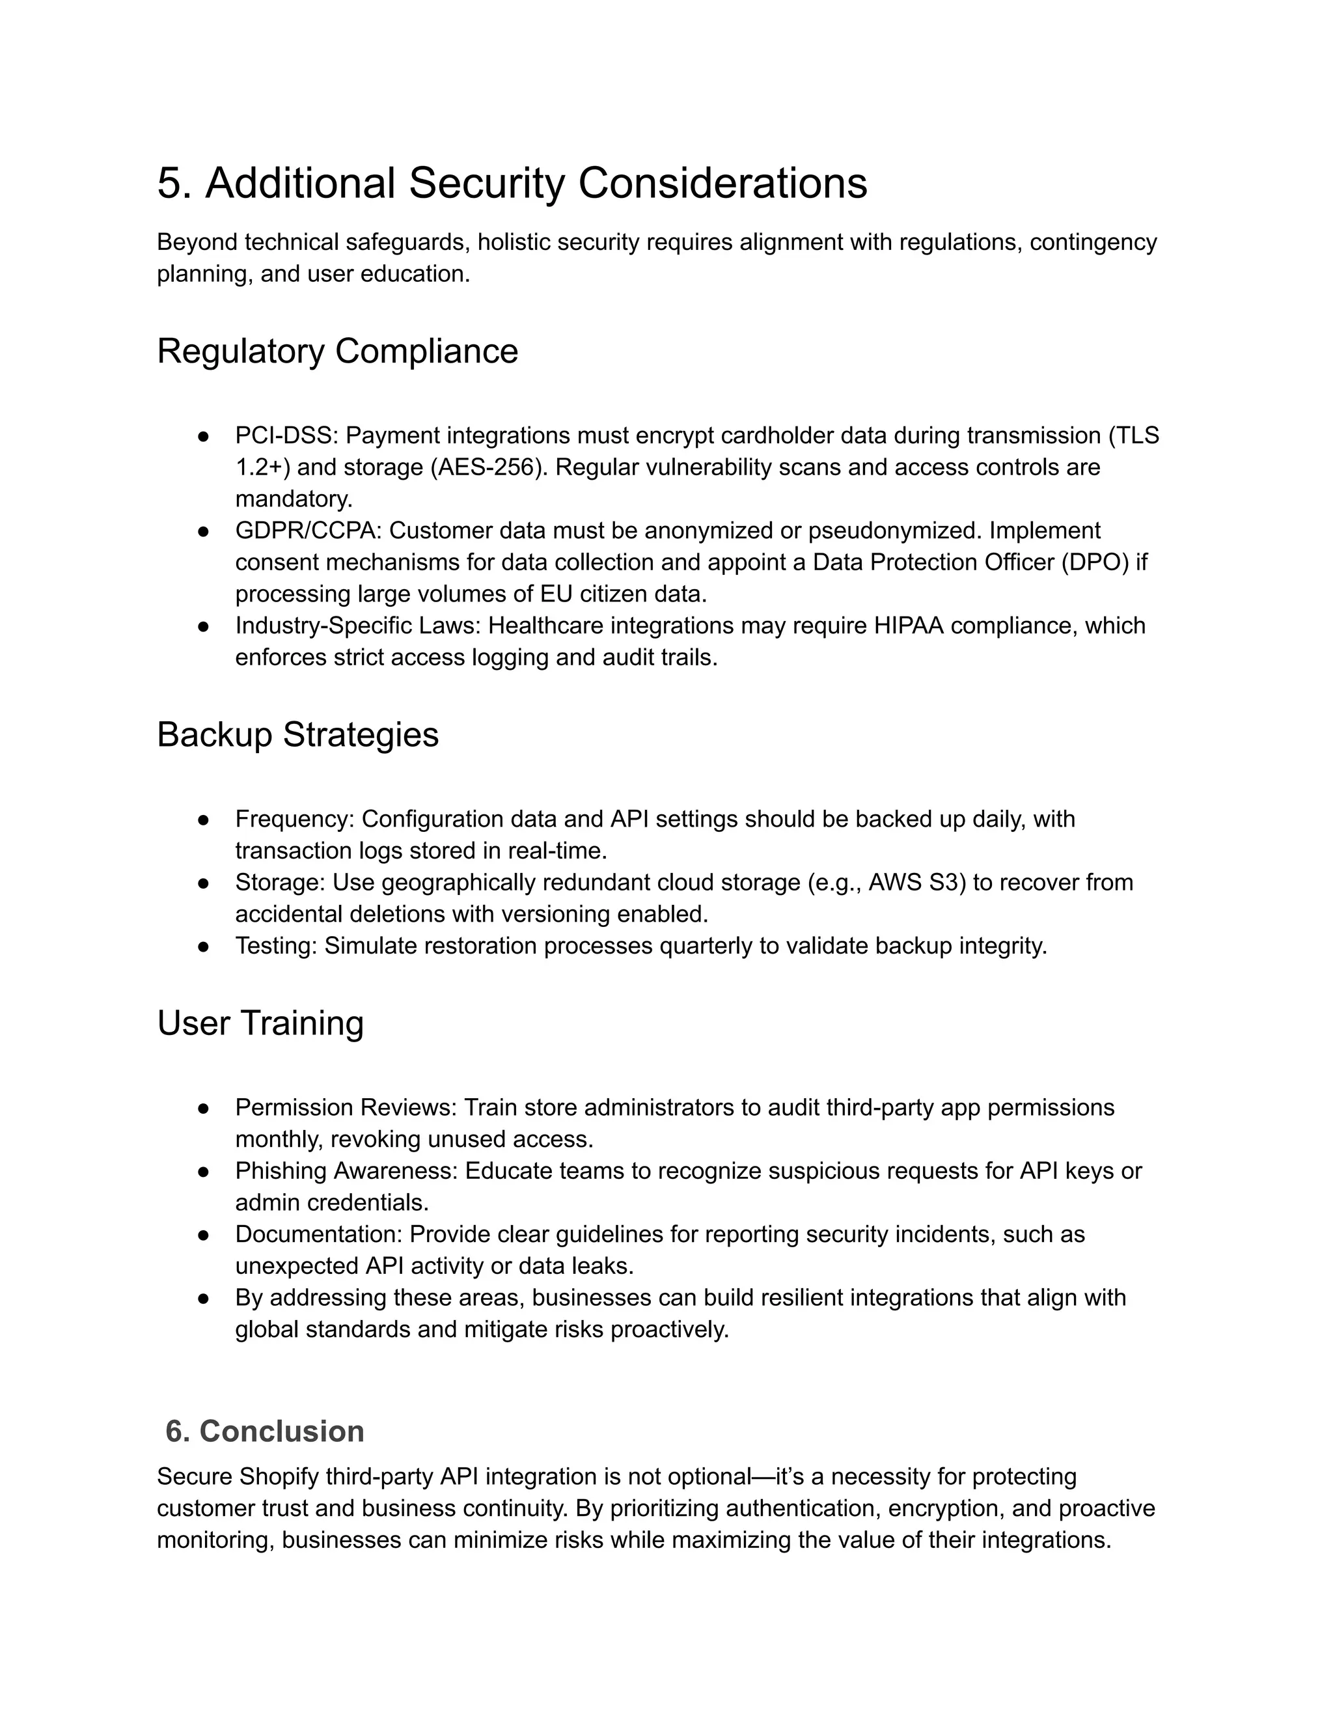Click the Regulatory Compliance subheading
(337, 351)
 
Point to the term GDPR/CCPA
(308, 530)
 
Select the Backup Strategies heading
(297, 734)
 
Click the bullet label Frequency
(293, 818)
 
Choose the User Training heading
(260, 1022)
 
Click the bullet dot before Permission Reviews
(203, 1107)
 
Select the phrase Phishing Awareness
(345, 1170)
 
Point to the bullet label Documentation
(318, 1234)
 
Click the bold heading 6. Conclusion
(264, 1431)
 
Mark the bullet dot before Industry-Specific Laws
(203, 626)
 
